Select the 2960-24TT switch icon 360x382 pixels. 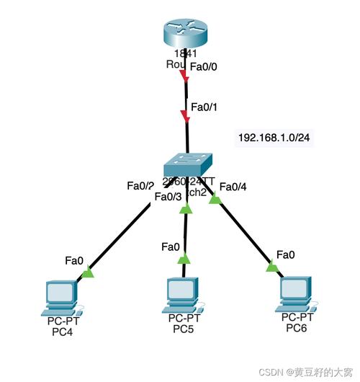tap(188, 164)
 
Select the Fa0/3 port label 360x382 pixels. tap(169, 196)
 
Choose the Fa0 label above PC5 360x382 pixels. tap(171, 246)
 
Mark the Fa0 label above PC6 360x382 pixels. tap(286, 254)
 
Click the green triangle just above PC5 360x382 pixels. tap(184, 258)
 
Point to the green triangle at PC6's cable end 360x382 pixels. tap(271, 267)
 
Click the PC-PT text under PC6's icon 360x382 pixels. tap(297, 318)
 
